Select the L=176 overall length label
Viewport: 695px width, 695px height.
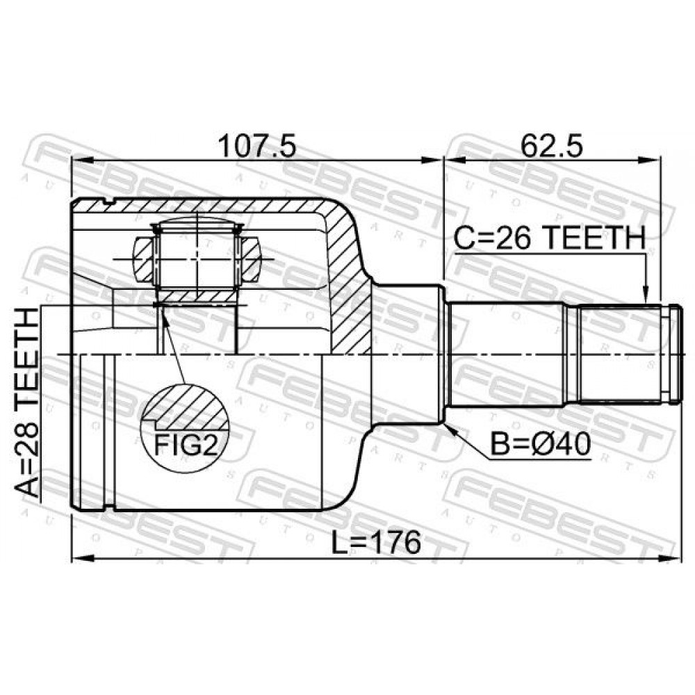(376, 543)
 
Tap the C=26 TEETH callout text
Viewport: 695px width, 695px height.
(550, 238)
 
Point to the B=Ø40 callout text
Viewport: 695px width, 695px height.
(540, 445)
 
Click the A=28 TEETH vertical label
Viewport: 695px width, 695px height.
(27, 402)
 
